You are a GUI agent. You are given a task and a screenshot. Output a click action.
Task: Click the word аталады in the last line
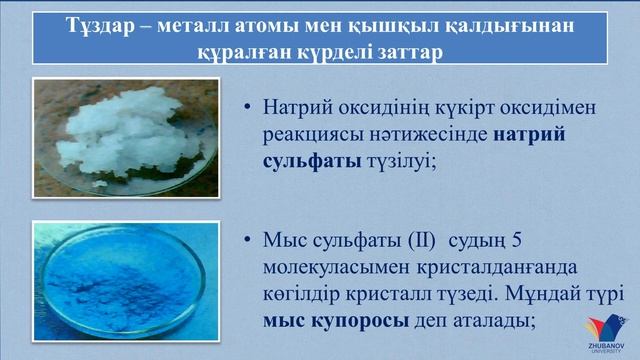tap(501, 321)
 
